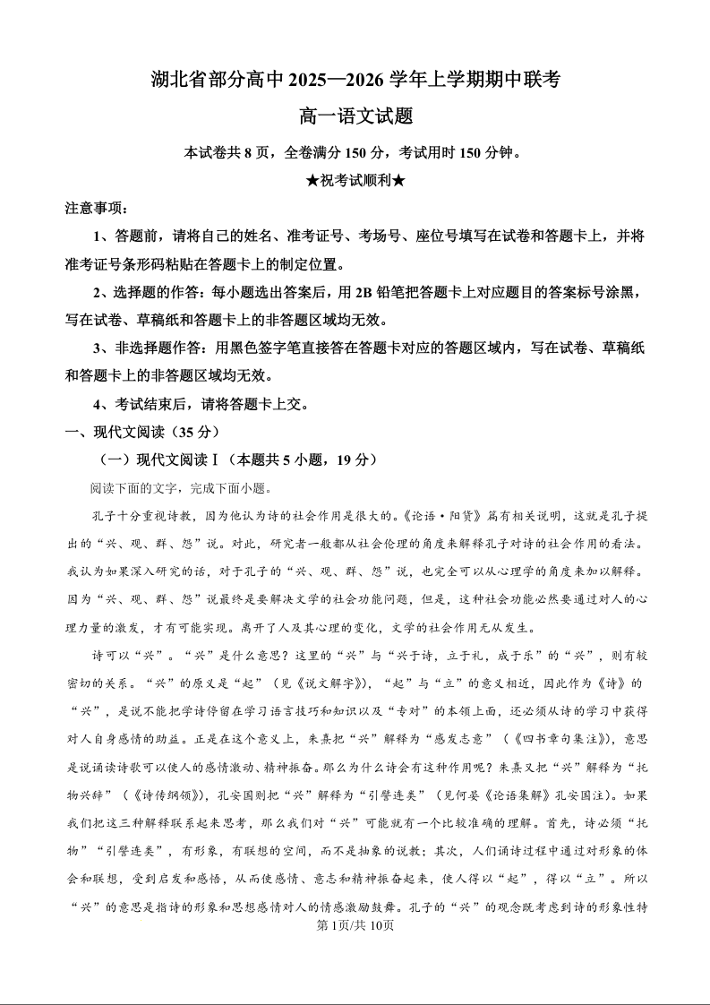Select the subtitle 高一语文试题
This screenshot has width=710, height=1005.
pos(355,116)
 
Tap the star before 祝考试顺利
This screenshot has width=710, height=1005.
pos(312,180)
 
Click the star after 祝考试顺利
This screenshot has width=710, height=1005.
pos(399,180)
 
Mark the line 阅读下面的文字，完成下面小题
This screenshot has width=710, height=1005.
pos(179,488)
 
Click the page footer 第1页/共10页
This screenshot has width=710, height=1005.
pos(355,926)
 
